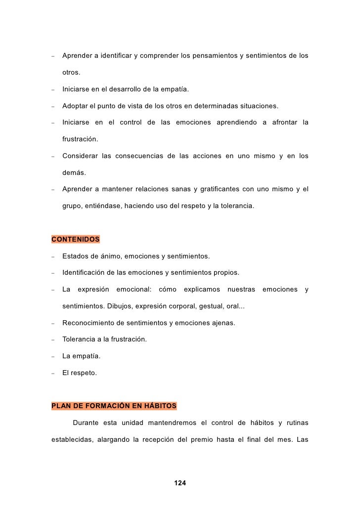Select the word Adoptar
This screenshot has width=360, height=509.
[75, 106]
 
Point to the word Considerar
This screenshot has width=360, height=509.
[80, 156]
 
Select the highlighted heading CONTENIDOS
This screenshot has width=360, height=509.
[75, 240]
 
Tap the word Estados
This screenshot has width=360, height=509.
[75, 256]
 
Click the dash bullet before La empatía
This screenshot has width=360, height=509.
[52, 357]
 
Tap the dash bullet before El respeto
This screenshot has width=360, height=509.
[52, 374]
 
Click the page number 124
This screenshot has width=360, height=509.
[180, 483]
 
